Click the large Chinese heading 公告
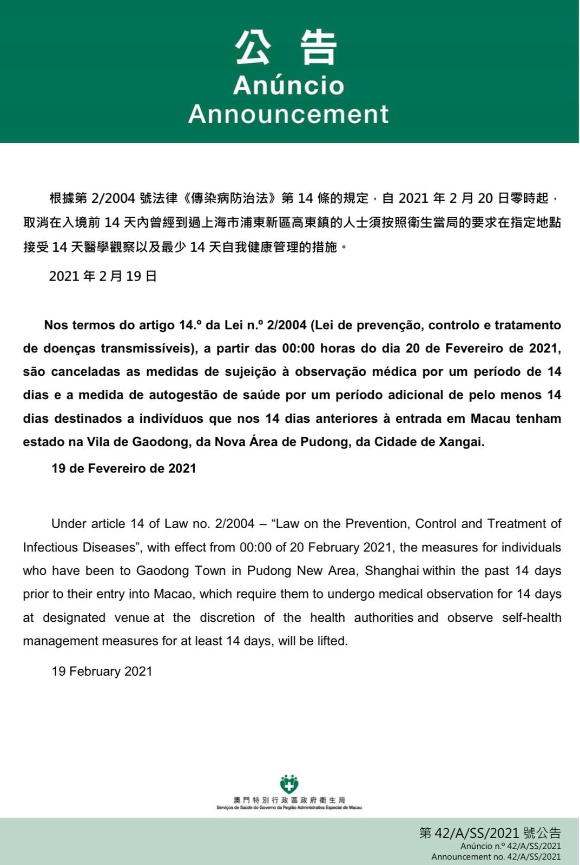pyautogui.click(x=287, y=48)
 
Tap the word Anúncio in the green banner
pyautogui.click(x=288, y=85)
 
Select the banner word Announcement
pyautogui.click(x=288, y=114)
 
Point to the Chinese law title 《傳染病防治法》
pyautogui.click(x=229, y=198)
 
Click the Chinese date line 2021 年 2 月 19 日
pyautogui.click(x=103, y=276)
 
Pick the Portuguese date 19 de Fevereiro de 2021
pyautogui.click(x=123, y=468)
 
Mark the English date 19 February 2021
pyautogui.click(x=102, y=671)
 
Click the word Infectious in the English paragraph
pyautogui.click(x=50, y=548)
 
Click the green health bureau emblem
pyautogui.click(x=289, y=783)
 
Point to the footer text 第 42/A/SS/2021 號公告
pyautogui.click(x=490, y=833)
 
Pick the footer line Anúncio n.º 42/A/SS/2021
pyautogui.click(x=510, y=846)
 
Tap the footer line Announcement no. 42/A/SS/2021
pyautogui.click(x=496, y=857)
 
